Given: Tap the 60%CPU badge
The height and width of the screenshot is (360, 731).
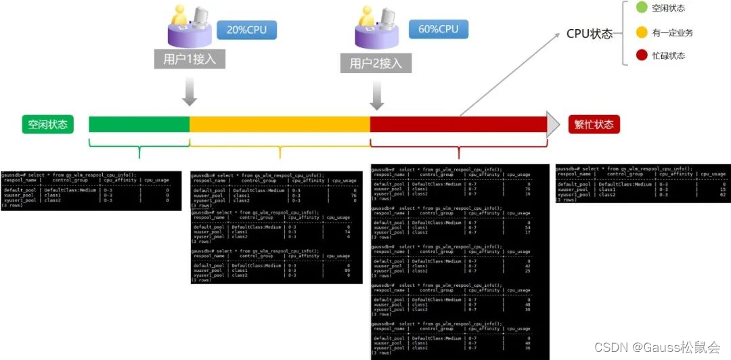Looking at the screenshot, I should click(439, 29).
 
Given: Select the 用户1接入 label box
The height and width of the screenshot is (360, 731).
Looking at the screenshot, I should click(189, 59).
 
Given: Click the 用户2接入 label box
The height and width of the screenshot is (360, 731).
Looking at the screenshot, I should click(376, 64).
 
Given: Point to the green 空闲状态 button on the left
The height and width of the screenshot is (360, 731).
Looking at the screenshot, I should click(47, 125).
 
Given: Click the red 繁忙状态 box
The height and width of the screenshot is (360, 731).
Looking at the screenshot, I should click(594, 125).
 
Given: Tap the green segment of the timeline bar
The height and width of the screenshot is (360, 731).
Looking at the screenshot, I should click(139, 125).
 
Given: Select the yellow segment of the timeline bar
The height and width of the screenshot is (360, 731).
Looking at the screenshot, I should click(280, 125).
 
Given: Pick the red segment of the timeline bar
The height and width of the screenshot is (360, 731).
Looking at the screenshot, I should click(458, 125).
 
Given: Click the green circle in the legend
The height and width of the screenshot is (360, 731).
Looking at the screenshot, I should click(642, 8).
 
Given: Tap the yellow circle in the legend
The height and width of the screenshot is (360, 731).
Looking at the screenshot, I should click(642, 32).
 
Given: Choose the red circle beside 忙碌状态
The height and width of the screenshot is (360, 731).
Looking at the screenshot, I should click(642, 55).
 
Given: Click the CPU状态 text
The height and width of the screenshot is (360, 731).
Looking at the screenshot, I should click(589, 34).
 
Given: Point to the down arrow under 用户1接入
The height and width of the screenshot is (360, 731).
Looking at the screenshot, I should click(190, 92).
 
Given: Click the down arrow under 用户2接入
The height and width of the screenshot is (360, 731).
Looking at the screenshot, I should click(376, 95).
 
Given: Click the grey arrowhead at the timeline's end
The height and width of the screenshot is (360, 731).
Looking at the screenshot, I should click(554, 125).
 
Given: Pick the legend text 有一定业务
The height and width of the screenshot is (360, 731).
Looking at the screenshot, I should click(673, 32).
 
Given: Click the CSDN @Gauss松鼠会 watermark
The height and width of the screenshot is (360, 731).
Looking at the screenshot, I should click(657, 347).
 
